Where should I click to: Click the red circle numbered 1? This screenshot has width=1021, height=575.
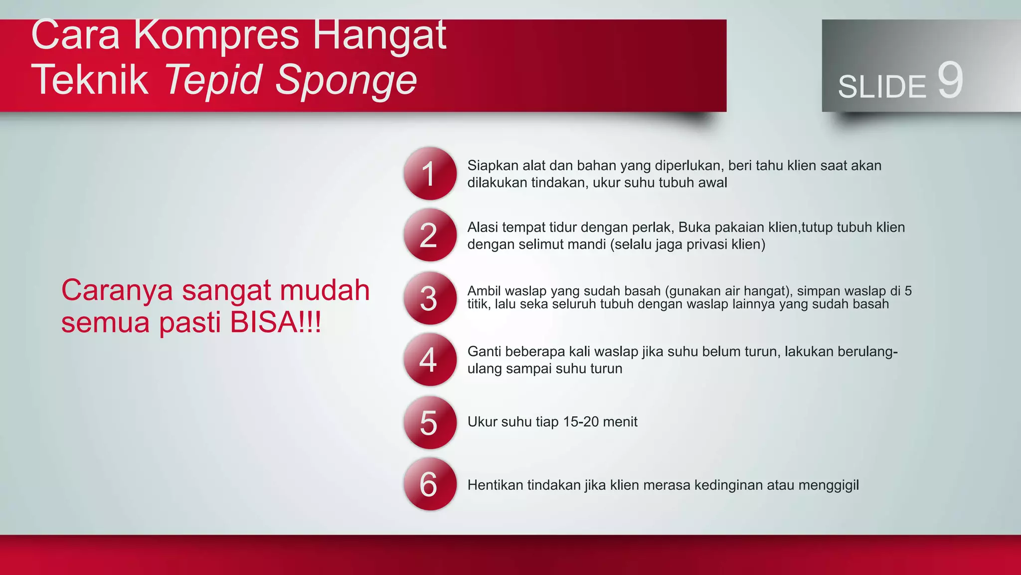[430, 174]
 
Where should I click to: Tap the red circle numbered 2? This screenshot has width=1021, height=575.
[430, 235]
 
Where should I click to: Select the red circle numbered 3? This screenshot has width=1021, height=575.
[430, 298]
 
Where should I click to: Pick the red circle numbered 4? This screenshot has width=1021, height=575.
[430, 359]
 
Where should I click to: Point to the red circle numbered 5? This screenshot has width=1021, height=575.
[430, 422]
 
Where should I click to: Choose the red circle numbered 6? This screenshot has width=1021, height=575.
[430, 484]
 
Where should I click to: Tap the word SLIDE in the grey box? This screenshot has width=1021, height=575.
[881, 87]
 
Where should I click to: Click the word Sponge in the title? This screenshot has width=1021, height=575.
[346, 80]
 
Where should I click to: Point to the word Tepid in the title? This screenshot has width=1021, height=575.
[213, 80]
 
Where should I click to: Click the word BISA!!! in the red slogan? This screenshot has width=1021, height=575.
[275, 322]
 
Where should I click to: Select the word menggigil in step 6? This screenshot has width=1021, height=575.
[829, 485]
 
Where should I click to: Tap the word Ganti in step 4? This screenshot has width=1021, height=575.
[485, 351]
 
